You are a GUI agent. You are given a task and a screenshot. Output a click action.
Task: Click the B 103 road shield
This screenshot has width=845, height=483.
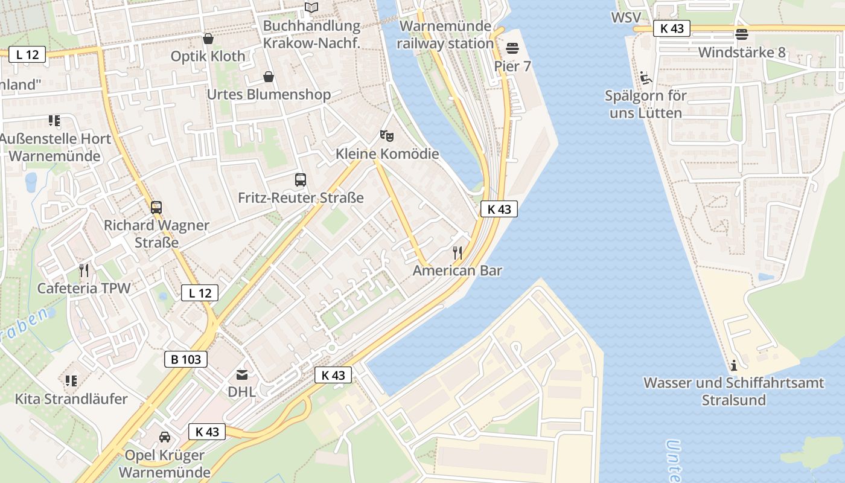coord(186,359)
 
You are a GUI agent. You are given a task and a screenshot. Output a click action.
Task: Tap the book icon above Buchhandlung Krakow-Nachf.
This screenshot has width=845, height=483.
coord(311,7)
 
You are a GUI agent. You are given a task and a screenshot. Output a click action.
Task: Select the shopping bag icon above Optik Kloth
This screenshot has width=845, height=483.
coord(208,39)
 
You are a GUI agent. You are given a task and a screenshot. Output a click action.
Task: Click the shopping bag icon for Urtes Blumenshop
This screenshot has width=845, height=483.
coord(269,77)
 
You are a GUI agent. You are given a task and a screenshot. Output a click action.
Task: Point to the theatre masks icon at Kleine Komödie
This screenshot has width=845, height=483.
coord(387,136)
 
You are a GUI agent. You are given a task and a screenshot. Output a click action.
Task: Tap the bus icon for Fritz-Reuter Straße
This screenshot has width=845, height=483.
coord(301,179)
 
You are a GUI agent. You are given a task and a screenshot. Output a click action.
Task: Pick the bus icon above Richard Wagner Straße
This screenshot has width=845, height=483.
coord(156,208)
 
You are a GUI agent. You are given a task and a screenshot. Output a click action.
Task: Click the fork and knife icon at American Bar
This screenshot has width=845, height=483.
coord(458,252)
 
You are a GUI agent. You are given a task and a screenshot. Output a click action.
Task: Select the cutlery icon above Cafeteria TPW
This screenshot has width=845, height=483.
coord(84,270)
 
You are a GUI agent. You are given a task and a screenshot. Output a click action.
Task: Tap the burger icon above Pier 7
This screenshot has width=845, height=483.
coord(512,48)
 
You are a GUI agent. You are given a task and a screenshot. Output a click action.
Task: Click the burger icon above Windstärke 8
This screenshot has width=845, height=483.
coord(742,34)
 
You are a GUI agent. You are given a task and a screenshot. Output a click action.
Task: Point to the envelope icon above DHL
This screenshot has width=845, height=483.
coord(242,374)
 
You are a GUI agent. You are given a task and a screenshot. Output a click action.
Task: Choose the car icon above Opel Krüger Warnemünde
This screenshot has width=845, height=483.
coord(164,437)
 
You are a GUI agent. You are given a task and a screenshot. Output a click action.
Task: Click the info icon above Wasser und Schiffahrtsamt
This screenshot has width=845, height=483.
coord(734,365)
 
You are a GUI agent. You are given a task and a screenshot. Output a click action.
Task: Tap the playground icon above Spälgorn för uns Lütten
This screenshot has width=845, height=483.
coord(645,77)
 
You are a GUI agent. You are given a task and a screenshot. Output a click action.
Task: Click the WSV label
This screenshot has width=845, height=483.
coord(626,18)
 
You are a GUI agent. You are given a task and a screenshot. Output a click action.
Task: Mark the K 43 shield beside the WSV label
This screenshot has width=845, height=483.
coord(672,28)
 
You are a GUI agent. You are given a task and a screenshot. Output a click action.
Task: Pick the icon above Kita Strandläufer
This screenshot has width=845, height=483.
coord(71,381)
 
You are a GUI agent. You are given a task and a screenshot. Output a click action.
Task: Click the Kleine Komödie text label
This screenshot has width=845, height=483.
coord(387,154)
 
